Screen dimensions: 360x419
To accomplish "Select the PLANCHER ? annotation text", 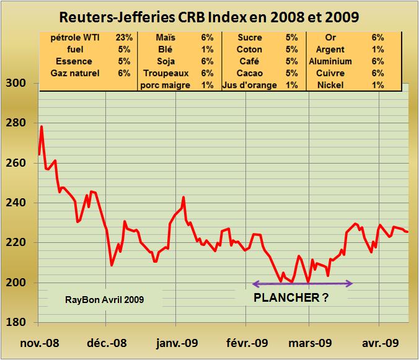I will pyautogui.click(x=291, y=297).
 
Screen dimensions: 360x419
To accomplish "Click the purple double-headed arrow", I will pyautogui.click(x=302, y=284).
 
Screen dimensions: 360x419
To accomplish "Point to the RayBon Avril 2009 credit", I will pyautogui.click(x=105, y=300).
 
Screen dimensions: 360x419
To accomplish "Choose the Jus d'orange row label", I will pyautogui.click(x=249, y=85).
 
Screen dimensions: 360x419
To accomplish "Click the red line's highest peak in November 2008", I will pyautogui.click(x=42, y=126).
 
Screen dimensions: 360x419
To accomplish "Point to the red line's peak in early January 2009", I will pyautogui.click(x=183, y=198).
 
